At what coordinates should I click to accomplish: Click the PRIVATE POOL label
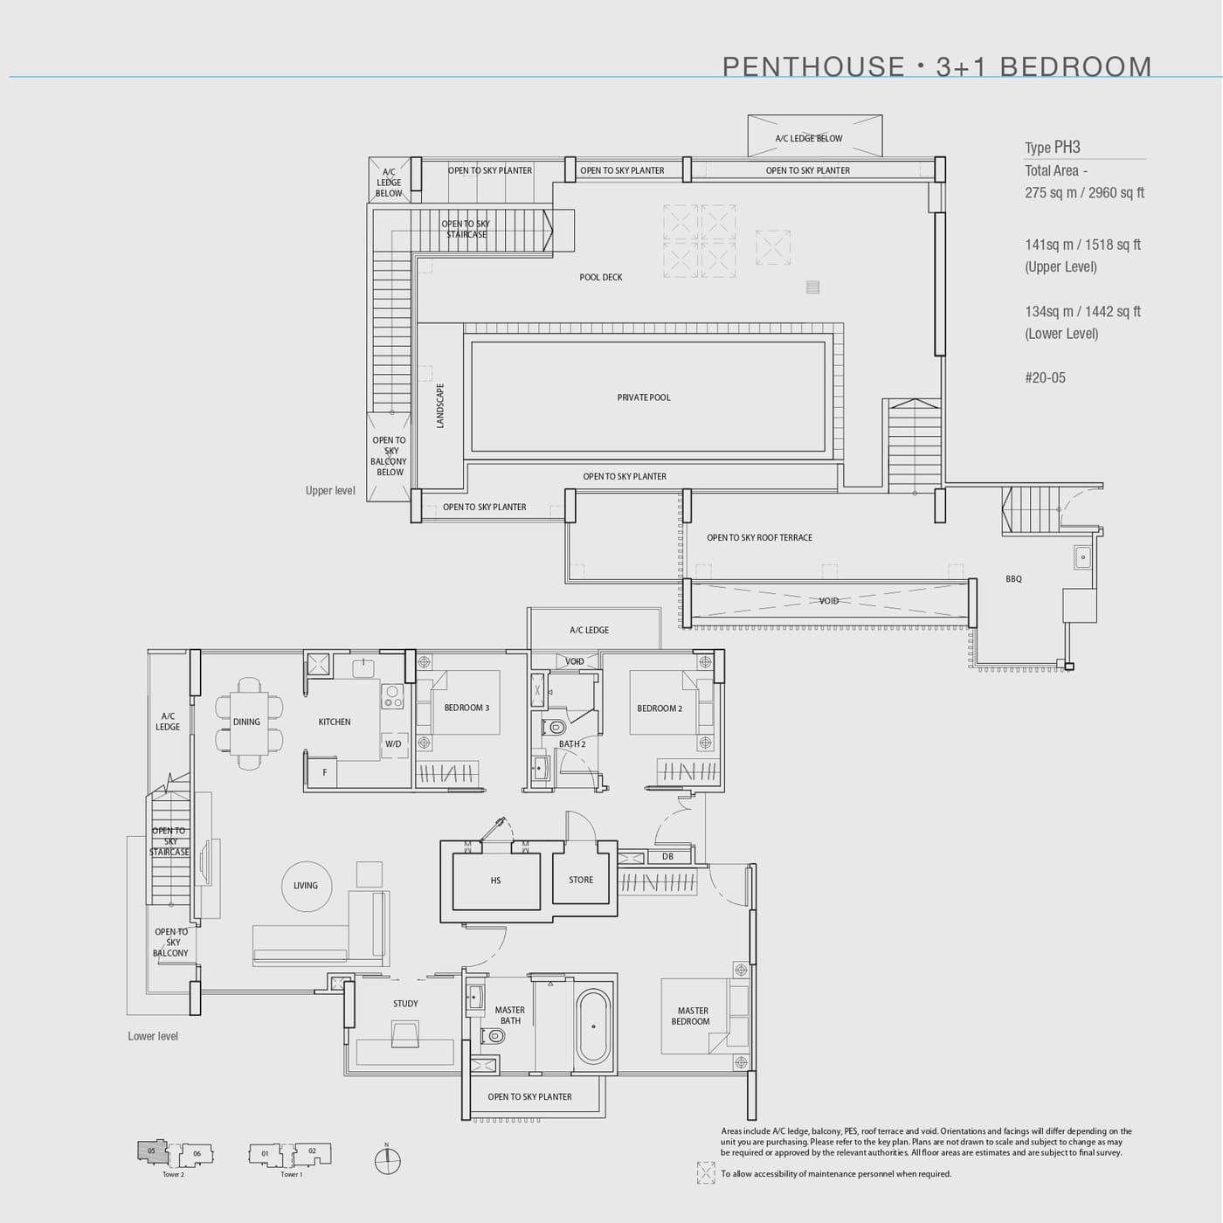[644, 397]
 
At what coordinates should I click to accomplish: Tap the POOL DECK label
[601, 277]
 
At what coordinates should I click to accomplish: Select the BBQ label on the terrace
[1013, 579]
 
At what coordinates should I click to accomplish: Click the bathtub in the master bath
[594, 1026]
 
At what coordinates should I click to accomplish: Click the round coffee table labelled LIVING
[306, 886]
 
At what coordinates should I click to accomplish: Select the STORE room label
[581, 880]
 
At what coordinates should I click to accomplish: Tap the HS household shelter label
[495, 881]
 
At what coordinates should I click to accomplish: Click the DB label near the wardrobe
[667, 857]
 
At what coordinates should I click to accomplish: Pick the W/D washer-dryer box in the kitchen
[394, 743]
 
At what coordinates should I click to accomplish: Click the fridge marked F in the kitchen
[324, 772]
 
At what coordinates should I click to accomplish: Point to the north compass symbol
[387, 1161]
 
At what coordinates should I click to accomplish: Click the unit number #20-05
[1045, 378]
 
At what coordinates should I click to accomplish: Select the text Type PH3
[1053, 148]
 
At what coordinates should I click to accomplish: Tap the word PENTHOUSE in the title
[813, 67]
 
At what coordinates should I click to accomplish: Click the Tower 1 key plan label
[291, 1174]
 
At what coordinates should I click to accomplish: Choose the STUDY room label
[405, 1004]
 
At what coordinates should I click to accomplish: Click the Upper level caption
[330, 491]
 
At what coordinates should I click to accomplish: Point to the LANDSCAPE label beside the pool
[440, 405]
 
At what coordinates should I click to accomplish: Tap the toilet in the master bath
[494, 1037]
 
